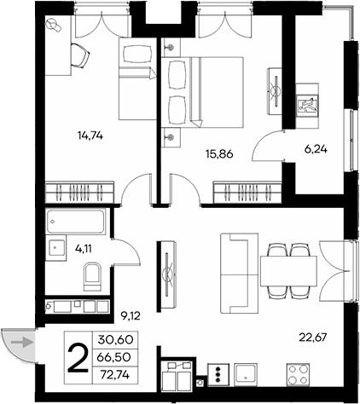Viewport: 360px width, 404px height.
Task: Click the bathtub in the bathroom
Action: click(76, 223)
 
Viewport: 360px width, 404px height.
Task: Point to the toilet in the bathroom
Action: click(93, 276)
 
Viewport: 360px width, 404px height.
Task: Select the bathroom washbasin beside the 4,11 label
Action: click(56, 249)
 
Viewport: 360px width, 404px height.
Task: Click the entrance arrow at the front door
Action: click(26, 343)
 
